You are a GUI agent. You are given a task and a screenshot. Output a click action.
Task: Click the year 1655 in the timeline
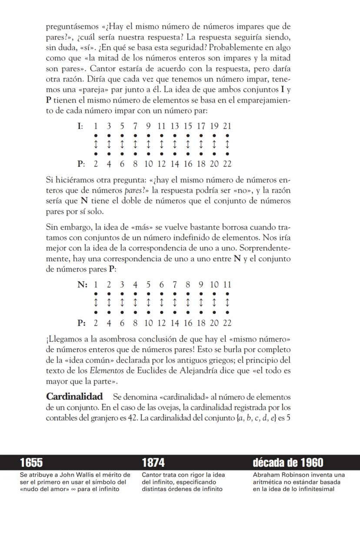[31, 462]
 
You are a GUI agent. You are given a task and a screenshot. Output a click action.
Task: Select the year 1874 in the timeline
[153, 462]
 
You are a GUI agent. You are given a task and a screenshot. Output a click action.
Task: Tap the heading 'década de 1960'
[288, 462]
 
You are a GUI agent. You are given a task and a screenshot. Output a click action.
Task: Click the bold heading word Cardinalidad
[74, 397]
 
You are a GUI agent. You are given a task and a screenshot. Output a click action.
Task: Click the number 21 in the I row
[227, 126]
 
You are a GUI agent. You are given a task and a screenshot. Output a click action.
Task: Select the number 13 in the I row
[174, 126]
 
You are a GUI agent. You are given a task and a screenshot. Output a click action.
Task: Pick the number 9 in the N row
[201, 285]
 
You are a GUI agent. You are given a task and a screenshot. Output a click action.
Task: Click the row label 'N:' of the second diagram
[82, 285]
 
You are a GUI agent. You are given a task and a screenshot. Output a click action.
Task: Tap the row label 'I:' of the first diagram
[80, 126]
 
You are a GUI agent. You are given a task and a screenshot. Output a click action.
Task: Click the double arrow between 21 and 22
[227, 144]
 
